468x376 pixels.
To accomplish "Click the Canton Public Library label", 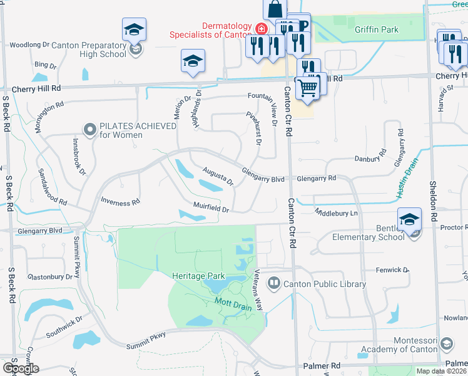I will [325, 285].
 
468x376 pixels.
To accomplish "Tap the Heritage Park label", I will [198, 275].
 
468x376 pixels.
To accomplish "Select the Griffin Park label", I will [376, 29].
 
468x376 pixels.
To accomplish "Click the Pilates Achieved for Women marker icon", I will [89, 130].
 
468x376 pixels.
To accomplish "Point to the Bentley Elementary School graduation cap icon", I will [409, 220].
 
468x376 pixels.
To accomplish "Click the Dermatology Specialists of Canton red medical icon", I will [261, 29].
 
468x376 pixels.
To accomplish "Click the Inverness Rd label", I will [120, 202].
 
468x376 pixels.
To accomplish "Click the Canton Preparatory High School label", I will [89, 50].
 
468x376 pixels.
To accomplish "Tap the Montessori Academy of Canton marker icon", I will [447, 344].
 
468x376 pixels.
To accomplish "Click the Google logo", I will [21, 368].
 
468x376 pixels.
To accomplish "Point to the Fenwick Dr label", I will [392, 270].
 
